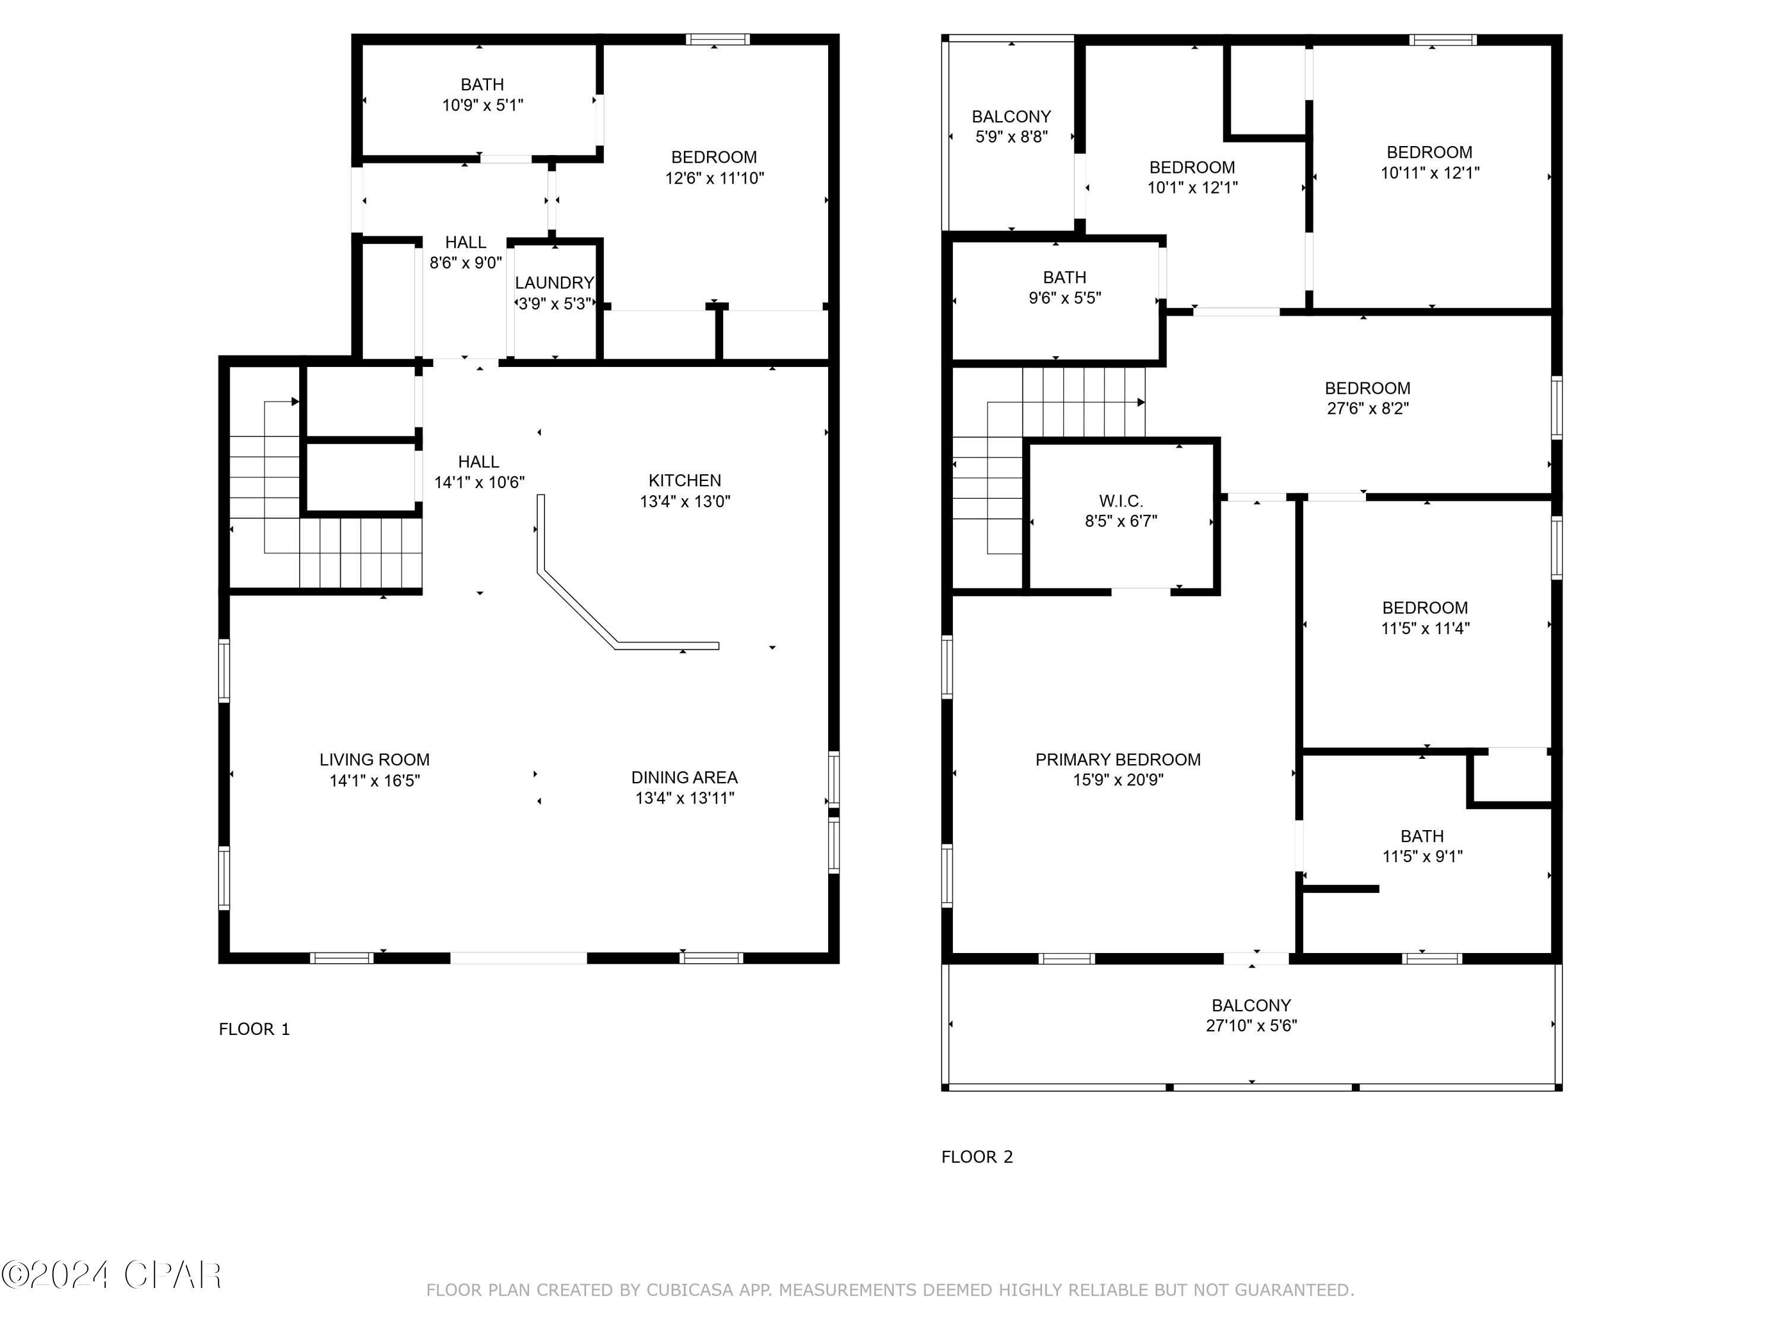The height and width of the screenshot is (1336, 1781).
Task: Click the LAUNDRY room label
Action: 554,283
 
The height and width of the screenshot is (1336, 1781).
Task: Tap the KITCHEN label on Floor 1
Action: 684,481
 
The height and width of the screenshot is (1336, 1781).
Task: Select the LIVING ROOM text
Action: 375,759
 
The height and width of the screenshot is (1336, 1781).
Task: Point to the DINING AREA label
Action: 684,777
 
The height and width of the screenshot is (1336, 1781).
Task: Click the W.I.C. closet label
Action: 1121,501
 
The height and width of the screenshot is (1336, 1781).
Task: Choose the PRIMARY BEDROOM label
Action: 1117,759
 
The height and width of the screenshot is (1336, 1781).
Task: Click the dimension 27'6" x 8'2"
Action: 1367,409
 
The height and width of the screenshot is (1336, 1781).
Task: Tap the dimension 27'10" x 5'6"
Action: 1251,1025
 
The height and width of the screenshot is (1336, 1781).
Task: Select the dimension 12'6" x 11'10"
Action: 714,178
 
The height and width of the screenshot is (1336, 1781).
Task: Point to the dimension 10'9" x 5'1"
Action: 482,105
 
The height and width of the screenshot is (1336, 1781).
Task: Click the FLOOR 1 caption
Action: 255,1029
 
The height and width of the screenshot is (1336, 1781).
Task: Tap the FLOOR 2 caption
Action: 977,1157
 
